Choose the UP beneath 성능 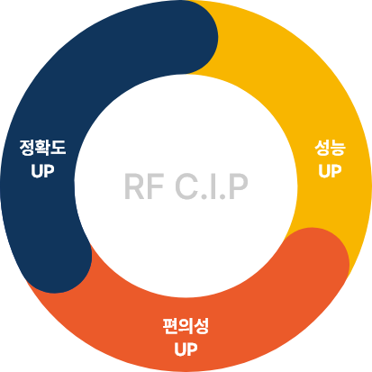tap(330, 169)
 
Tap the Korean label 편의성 tap(186, 325)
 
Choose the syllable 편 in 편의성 tap(170, 325)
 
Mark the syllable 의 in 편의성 tap(186, 325)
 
